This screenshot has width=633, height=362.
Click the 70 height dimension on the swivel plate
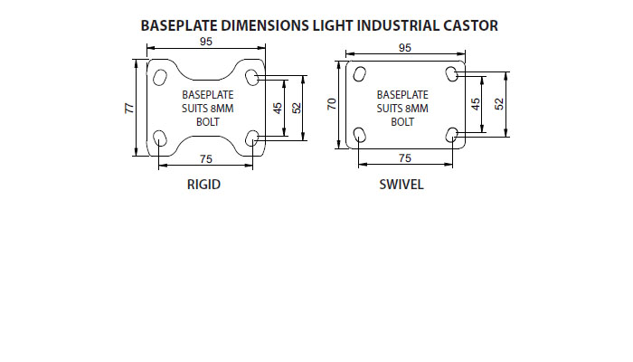click(332, 104)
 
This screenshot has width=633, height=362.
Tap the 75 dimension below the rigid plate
click(206, 159)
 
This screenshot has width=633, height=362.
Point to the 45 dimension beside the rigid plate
click(279, 107)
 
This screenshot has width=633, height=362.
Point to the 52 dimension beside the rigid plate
click(297, 107)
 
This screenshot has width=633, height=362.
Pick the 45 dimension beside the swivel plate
click(477, 104)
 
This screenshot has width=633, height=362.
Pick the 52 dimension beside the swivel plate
click(499, 104)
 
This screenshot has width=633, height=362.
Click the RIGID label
click(203, 185)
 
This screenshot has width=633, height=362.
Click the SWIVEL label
click(402, 185)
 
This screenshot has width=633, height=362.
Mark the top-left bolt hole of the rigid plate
click(160, 73)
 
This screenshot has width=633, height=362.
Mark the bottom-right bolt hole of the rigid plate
click(252, 138)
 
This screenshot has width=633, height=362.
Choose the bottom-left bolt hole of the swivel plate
click(358, 136)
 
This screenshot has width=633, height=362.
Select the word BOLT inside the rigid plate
click(208, 120)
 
